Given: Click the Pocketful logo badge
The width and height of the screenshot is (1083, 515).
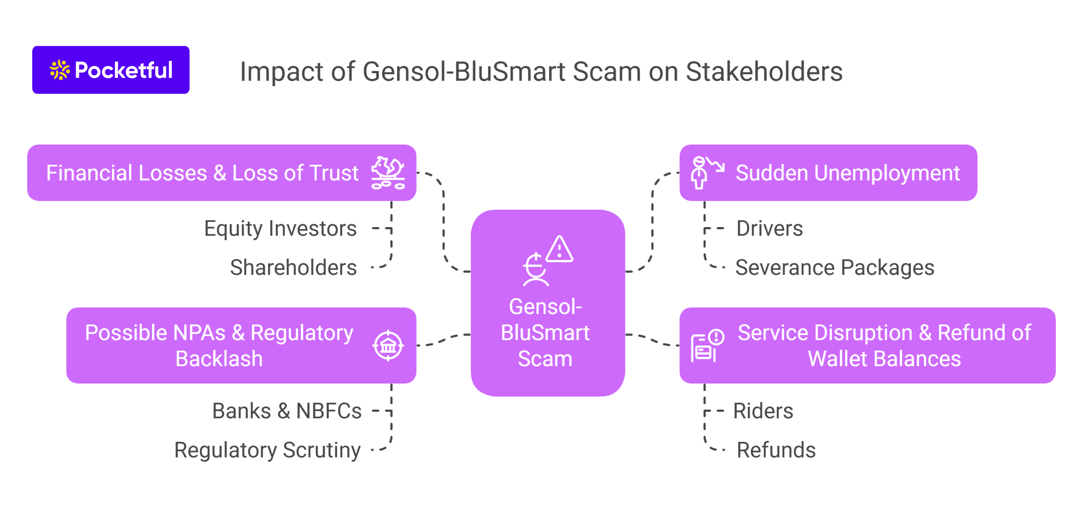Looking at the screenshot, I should [x=110, y=70].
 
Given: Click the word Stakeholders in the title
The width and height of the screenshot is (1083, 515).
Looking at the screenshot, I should [x=764, y=71].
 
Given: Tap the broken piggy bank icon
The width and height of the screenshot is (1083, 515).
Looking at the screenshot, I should [x=388, y=173].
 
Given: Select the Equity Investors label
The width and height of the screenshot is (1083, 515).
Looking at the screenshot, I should [x=280, y=229].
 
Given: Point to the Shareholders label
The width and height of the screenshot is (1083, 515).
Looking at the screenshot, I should [x=293, y=268].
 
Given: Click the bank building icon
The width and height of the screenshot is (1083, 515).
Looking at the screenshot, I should [x=388, y=346].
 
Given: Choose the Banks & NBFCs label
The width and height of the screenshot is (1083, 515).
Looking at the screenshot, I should [x=287, y=411].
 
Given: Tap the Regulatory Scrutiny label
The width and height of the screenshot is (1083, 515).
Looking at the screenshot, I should [x=267, y=450].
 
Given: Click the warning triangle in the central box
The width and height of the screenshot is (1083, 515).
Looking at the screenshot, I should [x=559, y=249].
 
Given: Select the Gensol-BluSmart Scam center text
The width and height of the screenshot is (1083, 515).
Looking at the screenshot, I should [x=545, y=333].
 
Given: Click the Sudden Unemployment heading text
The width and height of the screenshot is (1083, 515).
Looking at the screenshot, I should [x=847, y=173].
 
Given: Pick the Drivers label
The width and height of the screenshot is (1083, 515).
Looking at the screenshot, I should [x=769, y=229].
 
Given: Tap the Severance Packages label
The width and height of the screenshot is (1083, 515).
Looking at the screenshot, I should [x=834, y=268].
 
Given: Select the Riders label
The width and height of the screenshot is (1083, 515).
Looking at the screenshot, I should [x=763, y=411].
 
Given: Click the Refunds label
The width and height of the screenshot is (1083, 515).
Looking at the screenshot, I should [x=776, y=450].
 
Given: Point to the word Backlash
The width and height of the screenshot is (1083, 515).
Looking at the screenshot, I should [x=219, y=359].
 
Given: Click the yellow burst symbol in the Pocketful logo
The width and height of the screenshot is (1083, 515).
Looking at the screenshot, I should [x=60, y=70].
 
